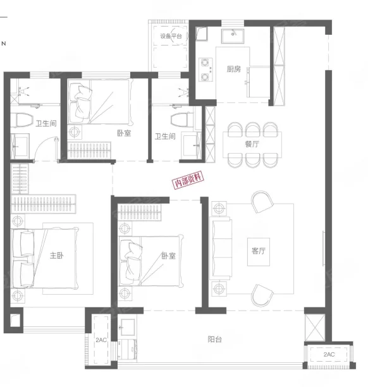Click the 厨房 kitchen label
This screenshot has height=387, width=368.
point(234,69)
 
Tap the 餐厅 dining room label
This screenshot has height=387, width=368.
point(252,144)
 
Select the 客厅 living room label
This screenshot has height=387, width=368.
point(259,251)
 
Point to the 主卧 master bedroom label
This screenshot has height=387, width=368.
point(57,255)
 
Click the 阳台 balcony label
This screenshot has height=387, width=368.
point(215,340)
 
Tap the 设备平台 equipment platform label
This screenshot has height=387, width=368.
point(171,36)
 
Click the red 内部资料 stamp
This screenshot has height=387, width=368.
point(188,180)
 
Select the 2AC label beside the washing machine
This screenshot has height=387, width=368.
point(101,340)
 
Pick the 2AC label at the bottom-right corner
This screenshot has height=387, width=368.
point(329,354)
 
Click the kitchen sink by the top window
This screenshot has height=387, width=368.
point(233,36)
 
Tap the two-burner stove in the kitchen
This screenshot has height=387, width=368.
point(205,70)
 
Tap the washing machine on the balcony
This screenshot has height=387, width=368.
point(127,350)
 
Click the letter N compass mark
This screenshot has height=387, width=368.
point(3,44)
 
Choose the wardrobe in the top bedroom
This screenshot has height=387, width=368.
point(89,150)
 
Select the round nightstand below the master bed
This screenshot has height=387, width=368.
point(18,295)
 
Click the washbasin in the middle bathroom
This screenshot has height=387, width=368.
point(191,145)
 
